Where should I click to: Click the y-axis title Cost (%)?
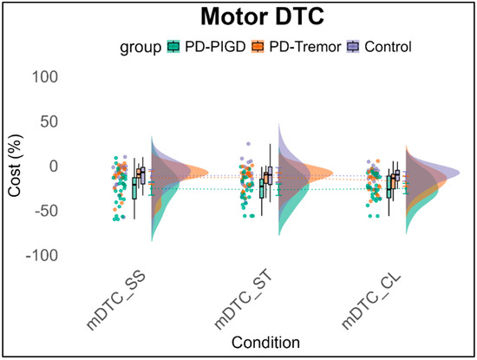[x=16, y=167]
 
